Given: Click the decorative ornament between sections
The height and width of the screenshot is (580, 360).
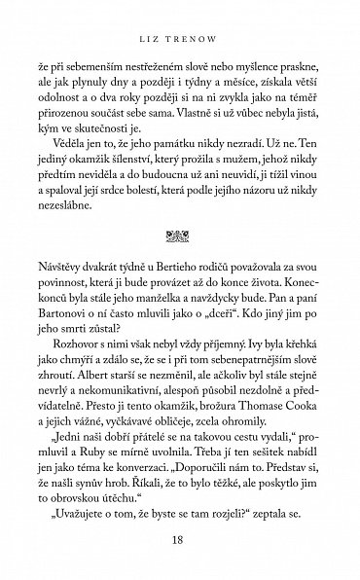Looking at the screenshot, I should [180, 234].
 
